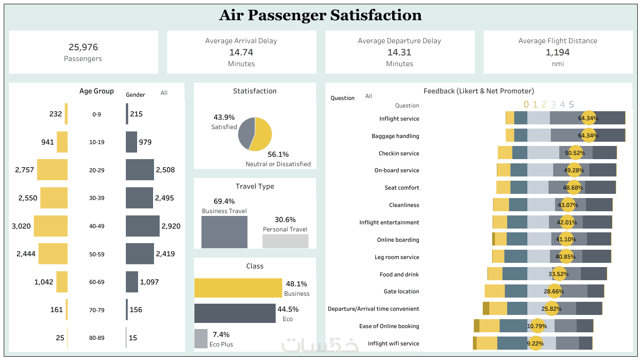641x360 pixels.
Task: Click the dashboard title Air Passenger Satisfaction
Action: [320, 15]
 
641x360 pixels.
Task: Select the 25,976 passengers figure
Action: [83, 47]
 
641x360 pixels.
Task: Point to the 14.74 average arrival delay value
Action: [241, 52]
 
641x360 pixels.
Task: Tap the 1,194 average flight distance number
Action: [557, 52]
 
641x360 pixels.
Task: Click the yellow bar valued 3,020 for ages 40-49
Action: [51, 226]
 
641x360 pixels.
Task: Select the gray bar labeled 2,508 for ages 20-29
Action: [139, 169]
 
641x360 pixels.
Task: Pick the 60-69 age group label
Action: [97, 282]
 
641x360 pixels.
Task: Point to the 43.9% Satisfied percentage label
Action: [224, 117]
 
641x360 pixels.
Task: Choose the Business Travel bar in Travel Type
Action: [224, 232]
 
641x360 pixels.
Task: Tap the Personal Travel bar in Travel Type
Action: [286, 241]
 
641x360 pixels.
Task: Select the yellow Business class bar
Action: [238, 288]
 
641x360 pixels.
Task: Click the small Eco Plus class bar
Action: [201, 338]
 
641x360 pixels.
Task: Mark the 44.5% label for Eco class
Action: [288, 309]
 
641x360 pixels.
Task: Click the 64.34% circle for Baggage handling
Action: [588, 136]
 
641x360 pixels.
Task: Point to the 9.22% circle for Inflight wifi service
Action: [535, 344]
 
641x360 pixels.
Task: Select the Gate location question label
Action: [401, 291]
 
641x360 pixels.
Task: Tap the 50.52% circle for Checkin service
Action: [575, 153]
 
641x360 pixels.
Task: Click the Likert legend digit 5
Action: [571, 105]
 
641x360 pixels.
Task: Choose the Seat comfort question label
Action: [402, 188]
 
